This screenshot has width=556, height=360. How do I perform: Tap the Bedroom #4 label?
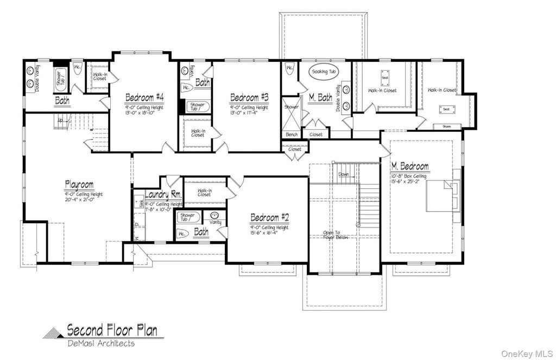click(x=144, y=98)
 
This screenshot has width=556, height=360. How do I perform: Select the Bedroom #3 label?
click(x=249, y=98)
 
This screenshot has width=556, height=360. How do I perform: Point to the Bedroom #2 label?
click(x=269, y=218)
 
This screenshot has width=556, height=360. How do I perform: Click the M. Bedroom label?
click(x=410, y=166)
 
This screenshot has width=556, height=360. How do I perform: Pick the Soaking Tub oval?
click(x=324, y=72)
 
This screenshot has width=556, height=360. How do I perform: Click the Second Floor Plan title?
click(x=112, y=330)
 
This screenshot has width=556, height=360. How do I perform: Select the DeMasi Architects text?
click(x=100, y=343)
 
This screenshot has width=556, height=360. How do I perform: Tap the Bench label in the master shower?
click(x=290, y=134)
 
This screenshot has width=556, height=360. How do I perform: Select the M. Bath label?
click(x=320, y=98)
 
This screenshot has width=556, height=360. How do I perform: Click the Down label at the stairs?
click(x=343, y=175)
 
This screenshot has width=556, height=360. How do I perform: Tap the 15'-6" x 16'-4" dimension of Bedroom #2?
click(x=269, y=233)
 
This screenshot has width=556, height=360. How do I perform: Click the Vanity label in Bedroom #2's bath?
click(x=215, y=223)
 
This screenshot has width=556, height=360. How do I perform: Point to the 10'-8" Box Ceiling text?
click(x=408, y=176)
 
